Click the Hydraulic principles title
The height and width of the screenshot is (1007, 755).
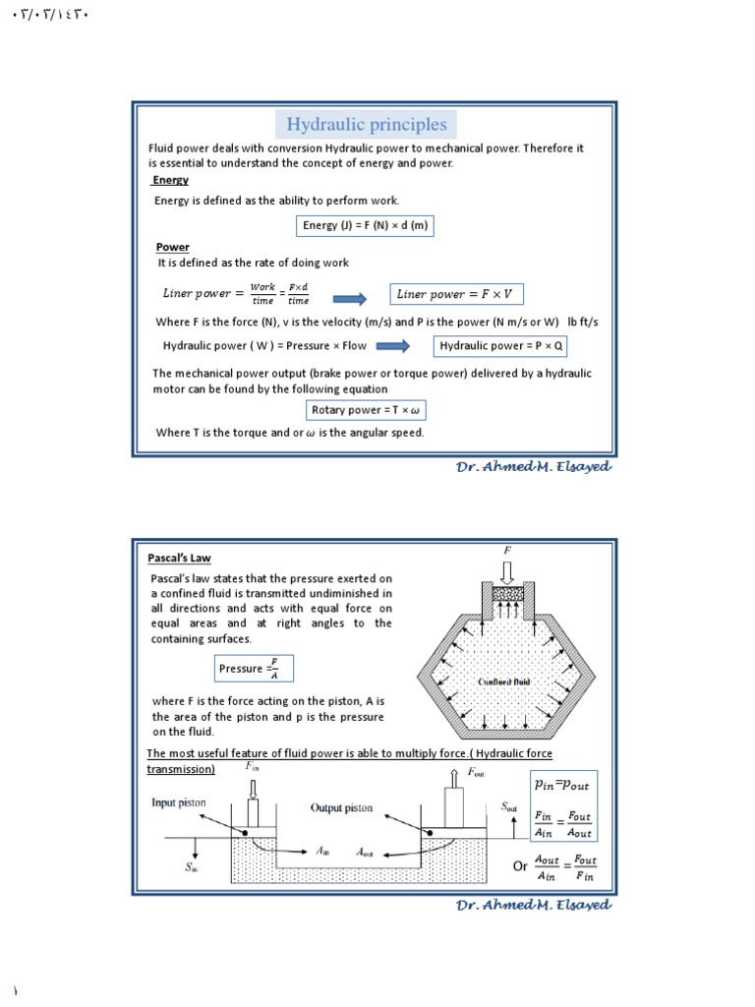click(x=366, y=125)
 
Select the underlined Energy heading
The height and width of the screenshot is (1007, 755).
click(x=170, y=181)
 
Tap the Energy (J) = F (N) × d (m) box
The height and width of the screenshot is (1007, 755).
click(x=365, y=226)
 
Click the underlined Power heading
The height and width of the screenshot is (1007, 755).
click(x=173, y=248)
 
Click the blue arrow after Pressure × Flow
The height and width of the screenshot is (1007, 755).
click(x=393, y=346)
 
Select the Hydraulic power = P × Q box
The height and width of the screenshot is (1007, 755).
click(x=501, y=346)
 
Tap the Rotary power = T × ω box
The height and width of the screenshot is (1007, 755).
click(x=366, y=410)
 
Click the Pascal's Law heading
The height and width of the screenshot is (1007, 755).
click(x=180, y=559)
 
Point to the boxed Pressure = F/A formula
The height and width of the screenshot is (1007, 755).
click(x=255, y=669)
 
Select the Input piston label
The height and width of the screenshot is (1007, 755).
click(x=178, y=802)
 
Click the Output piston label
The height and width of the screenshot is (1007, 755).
click(x=342, y=807)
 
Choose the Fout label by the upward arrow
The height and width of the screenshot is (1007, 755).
click(x=476, y=773)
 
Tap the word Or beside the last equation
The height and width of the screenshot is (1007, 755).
click(x=520, y=866)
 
